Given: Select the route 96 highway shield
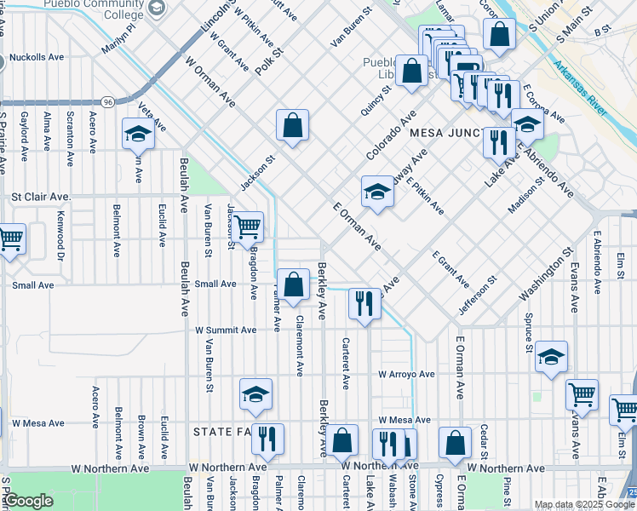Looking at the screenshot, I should pos(107,101).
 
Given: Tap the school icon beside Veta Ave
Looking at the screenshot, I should pos(137,134).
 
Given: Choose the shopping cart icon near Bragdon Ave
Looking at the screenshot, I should pos(247,227).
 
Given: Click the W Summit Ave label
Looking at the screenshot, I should pos(225,330).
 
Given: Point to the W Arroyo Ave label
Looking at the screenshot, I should pos(407,374).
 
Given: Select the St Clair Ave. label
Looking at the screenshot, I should pos(41,197).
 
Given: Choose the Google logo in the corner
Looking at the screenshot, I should pos(28,501).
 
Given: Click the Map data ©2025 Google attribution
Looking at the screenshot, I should pos(584,505).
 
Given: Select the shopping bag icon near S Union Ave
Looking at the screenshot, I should pos(499,34).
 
